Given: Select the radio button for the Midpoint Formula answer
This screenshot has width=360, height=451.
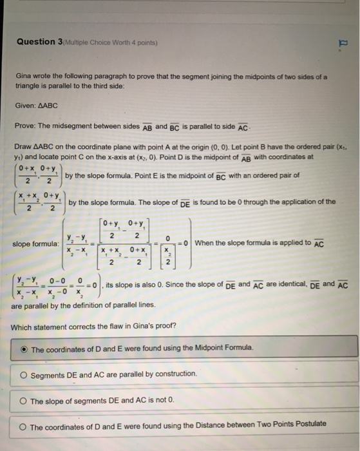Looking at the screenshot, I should click(24, 349).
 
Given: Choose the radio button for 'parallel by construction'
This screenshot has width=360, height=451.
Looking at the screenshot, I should click(24, 374).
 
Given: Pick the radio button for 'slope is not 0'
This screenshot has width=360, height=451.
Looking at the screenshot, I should click(24, 401).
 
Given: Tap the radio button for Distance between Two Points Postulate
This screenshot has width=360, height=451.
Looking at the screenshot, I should click(24, 427).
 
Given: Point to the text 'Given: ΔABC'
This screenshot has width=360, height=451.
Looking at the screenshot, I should click(37, 105).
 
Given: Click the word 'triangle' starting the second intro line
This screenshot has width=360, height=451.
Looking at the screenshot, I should click(28, 85).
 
